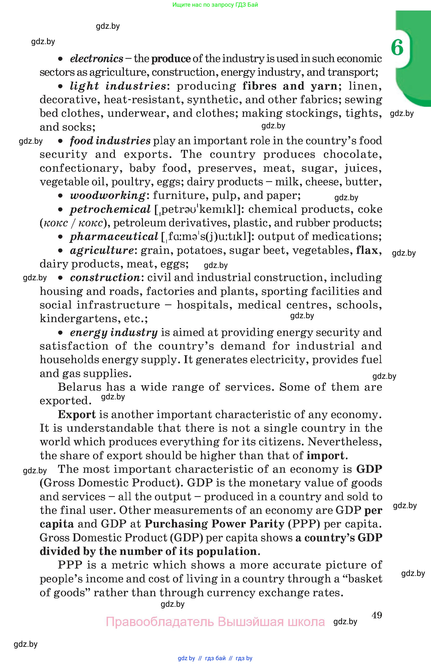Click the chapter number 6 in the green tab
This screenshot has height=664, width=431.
[x=397, y=47]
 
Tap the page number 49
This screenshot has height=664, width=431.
[x=377, y=615]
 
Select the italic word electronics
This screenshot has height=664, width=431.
[x=96, y=59]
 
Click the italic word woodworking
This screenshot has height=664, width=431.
[x=107, y=196]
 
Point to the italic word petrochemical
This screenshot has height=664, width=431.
[x=110, y=209]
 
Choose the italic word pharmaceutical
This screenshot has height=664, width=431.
[x=114, y=237]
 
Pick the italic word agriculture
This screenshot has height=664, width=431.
[x=102, y=250]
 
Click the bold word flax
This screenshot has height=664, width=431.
[x=367, y=250]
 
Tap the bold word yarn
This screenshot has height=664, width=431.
[x=324, y=86]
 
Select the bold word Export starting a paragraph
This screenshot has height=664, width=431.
[x=77, y=415]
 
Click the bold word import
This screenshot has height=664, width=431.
[x=325, y=456]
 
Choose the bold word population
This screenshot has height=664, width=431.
[x=226, y=551]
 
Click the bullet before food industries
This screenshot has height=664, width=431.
[x=60, y=141]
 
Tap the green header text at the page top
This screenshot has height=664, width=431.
[x=215, y=5]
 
